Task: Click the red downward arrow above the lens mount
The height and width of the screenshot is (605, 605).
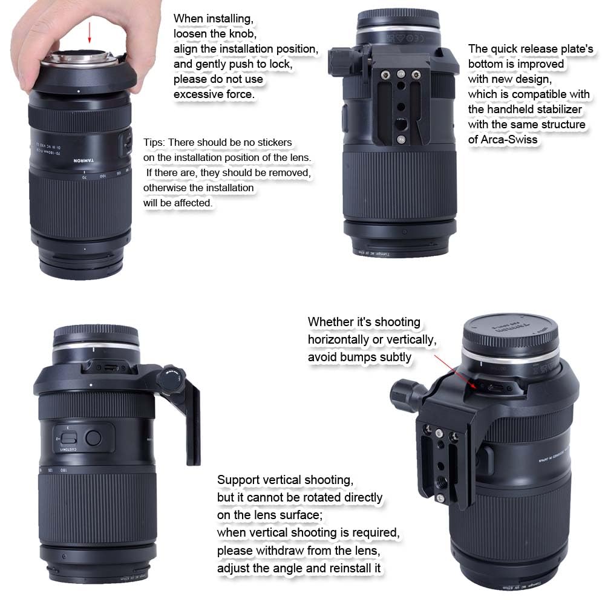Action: (x=90, y=33)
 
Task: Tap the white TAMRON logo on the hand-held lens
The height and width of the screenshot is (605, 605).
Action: (x=83, y=160)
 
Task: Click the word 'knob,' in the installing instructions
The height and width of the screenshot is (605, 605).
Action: (x=243, y=33)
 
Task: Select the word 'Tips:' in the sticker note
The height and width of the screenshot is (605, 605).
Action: (x=154, y=142)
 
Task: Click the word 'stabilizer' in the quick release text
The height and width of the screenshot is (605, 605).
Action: (x=559, y=109)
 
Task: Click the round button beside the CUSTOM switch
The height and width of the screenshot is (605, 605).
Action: (x=93, y=437)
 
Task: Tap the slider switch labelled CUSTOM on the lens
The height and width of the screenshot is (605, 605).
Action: (x=69, y=438)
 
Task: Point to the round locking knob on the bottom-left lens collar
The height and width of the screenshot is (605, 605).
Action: (x=171, y=378)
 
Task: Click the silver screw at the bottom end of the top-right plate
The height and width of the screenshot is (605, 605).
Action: (x=401, y=139)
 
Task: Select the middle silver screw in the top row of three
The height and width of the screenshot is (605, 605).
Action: (x=401, y=73)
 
